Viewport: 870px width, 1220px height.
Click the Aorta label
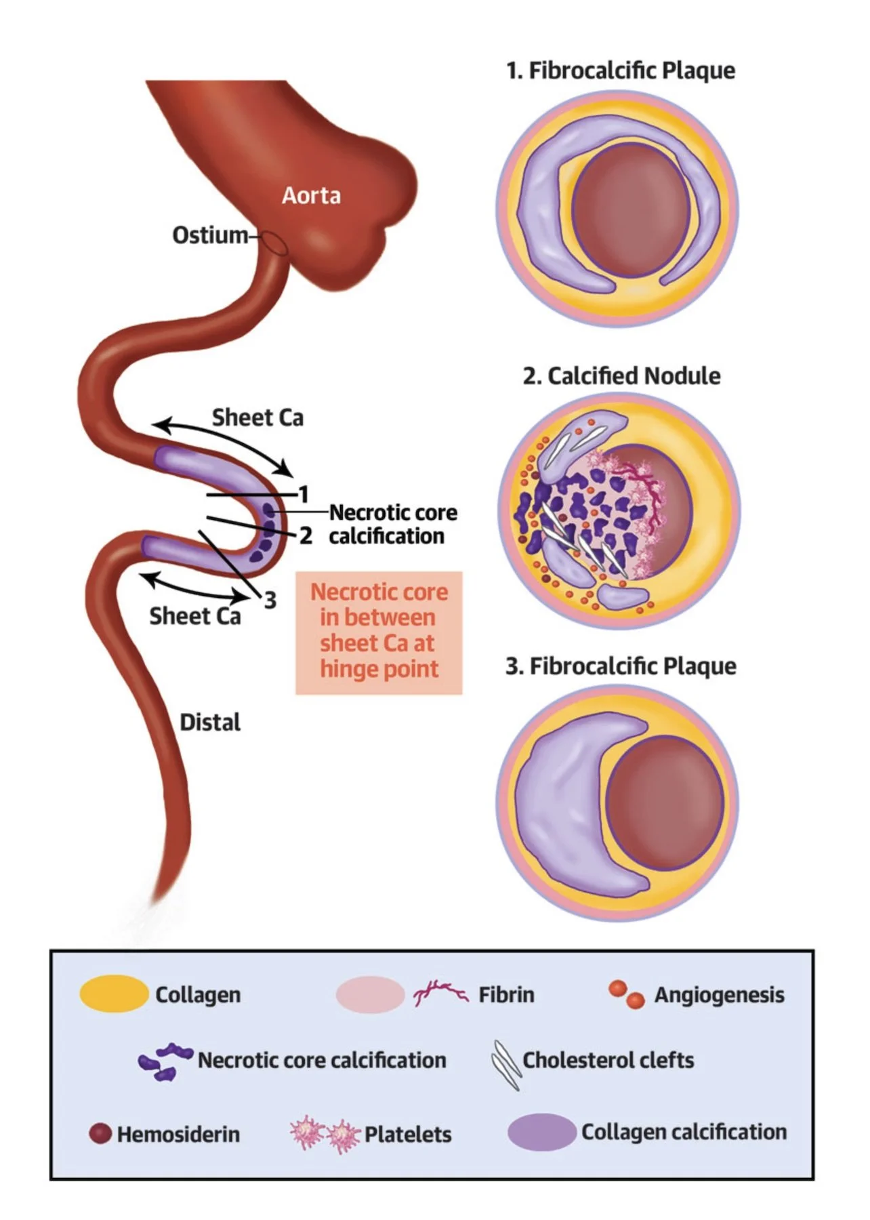pyautogui.click(x=311, y=196)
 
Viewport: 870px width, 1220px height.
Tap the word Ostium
pyautogui.click(x=210, y=235)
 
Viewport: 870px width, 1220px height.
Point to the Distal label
pyautogui.click(x=210, y=723)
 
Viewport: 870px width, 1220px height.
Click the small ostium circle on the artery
pyautogui.click(x=274, y=243)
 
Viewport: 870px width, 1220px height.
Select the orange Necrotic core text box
pyautogui.click(x=379, y=631)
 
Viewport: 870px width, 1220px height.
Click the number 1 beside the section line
pyautogui.click(x=304, y=494)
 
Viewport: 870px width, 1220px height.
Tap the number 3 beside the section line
pyautogui.click(x=270, y=600)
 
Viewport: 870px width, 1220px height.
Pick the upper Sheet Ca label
pyautogui.click(x=257, y=418)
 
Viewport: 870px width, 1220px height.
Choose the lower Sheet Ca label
pyautogui.click(x=195, y=616)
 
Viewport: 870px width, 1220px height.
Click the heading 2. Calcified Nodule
pyautogui.click(x=621, y=375)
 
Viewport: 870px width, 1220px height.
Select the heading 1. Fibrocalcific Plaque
pyautogui.click(x=621, y=70)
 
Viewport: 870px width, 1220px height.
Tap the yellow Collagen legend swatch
pyautogui.click(x=113, y=994)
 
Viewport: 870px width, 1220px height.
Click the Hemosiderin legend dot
pyautogui.click(x=100, y=1133)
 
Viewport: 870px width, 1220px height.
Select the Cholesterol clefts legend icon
pyautogui.click(x=506, y=1063)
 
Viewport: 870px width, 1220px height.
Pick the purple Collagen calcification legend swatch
pyautogui.click(x=541, y=1131)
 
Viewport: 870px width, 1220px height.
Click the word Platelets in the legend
pyautogui.click(x=408, y=1134)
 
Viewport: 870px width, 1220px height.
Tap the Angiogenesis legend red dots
pyautogui.click(x=626, y=994)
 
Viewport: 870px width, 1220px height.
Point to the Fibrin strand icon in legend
pyautogui.click(x=440, y=994)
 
